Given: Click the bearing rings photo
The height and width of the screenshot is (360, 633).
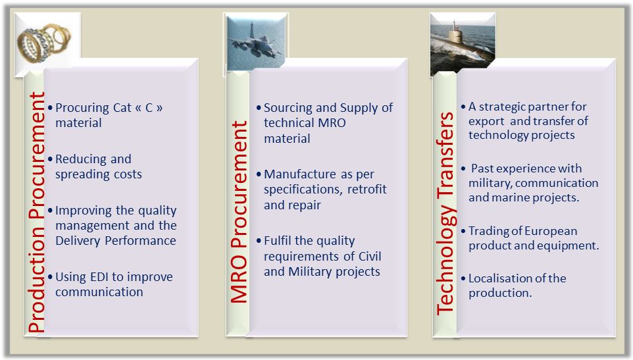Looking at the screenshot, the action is [x=47, y=43].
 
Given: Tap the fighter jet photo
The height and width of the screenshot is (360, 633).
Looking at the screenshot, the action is [x=256, y=43].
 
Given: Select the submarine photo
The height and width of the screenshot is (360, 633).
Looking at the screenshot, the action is [x=463, y=43].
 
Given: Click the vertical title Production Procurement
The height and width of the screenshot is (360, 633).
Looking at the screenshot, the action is [x=37, y=213].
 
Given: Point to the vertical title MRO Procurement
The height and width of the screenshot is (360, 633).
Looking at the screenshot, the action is [x=239, y=212].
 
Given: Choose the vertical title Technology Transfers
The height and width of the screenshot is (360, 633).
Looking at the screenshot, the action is [x=445, y=213].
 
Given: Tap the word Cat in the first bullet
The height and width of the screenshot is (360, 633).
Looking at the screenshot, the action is [x=122, y=108].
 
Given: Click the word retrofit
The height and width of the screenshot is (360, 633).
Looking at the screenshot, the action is [x=367, y=190].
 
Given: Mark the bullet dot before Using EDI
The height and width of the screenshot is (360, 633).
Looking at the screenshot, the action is [x=50, y=277].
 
